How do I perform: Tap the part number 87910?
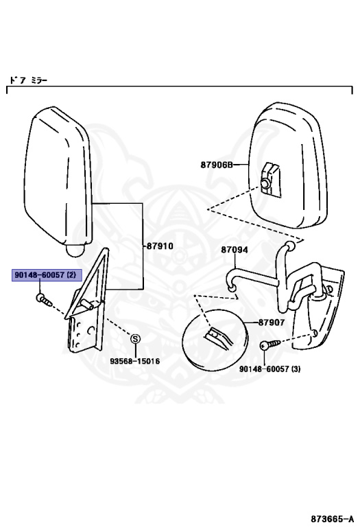pos(159,245)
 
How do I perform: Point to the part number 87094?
pos(235,250)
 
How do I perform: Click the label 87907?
pos(272,323)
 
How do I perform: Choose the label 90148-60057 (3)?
pos(270,369)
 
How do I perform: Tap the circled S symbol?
pos(135,338)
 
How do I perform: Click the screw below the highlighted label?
pos(45,300)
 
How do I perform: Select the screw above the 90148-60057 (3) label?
pos(267,347)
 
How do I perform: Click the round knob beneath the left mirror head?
pos(75,254)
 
